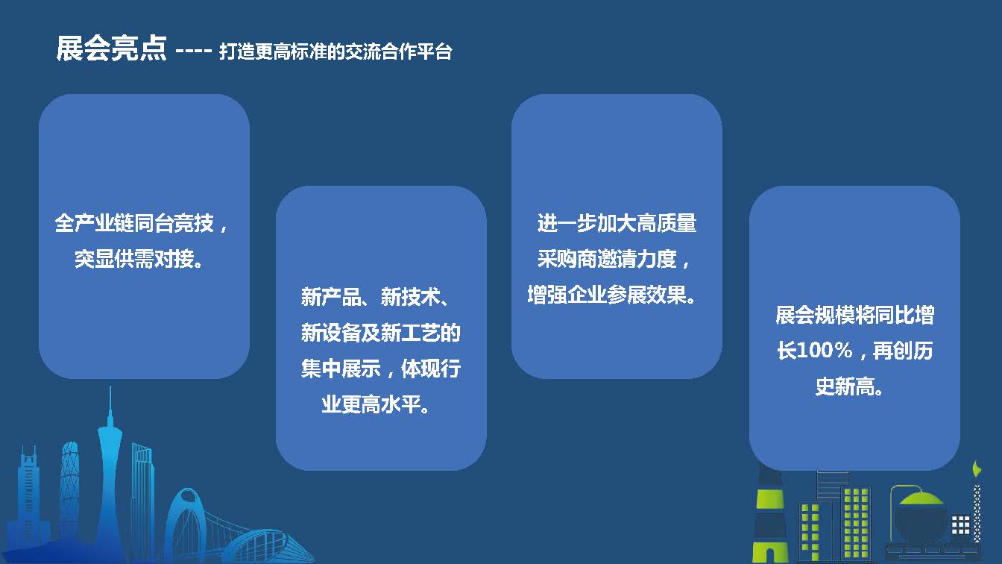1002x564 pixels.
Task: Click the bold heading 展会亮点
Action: pos(111,48)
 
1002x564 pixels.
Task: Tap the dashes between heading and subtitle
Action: pos(193,51)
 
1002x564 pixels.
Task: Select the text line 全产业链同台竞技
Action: pos(134,223)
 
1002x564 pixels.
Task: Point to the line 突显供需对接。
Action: pos(139,259)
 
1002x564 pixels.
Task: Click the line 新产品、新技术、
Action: pos(375,296)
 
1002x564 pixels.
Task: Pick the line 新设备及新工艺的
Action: pos(381,333)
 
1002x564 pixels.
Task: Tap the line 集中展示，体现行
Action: pos(381,369)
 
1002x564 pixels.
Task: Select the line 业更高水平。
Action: pos(376,404)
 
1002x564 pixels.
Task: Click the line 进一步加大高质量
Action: pos(617,223)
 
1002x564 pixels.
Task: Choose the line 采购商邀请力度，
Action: pos(614,259)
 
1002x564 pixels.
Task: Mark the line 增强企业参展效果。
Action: pos(611,295)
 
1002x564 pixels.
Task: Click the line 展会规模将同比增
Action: pos(855,315)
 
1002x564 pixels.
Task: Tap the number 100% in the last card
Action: pos(825,350)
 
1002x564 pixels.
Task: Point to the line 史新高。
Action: pos(850,386)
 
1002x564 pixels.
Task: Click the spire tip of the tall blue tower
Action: pos(110,388)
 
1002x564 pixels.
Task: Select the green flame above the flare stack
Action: pos(977,469)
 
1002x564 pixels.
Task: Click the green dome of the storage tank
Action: pos(921,498)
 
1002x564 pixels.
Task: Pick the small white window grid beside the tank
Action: pos(960,525)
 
